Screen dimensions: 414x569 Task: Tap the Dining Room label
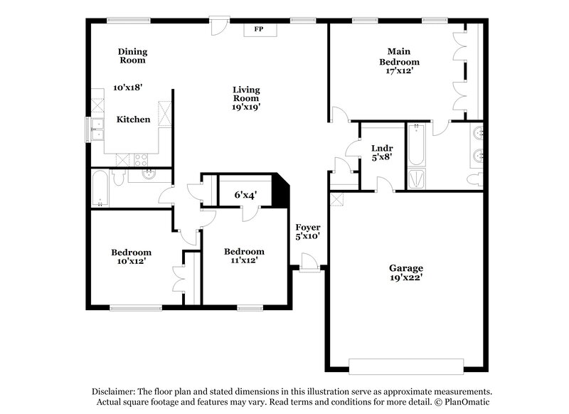click(132, 55)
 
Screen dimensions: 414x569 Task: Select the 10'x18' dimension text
click(128, 87)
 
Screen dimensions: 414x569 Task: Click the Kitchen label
click(134, 120)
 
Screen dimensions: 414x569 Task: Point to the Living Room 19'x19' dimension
click(246, 107)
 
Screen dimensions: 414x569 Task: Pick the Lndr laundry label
click(382, 148)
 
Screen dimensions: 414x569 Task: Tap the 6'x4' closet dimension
click(245, 193)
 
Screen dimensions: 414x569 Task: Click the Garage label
click(405, 268)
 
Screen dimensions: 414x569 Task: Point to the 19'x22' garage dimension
click(405, 278)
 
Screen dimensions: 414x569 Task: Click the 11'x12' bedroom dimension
click(244, 260)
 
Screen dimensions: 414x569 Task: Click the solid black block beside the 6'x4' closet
click(282, 190)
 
